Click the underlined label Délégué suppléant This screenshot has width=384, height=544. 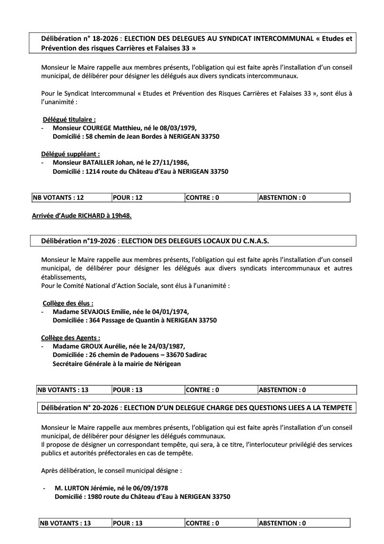pos(71,154)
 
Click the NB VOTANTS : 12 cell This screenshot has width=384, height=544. pos(59,198)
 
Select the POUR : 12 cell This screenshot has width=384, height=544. pos(128,198)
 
